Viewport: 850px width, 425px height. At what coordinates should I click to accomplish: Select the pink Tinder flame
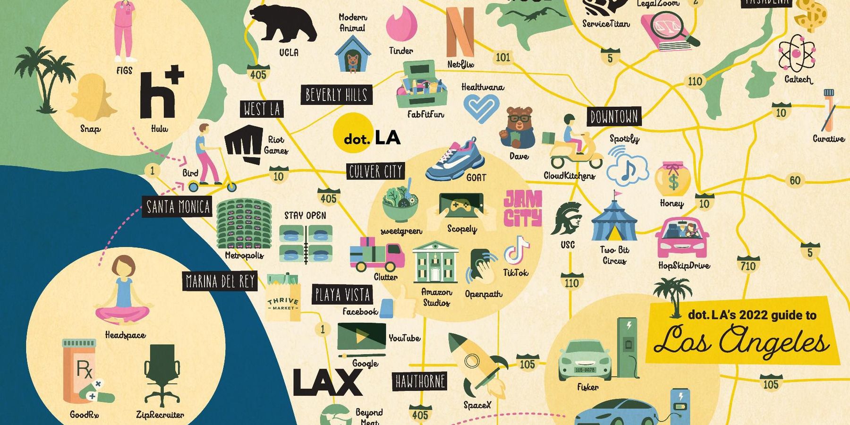point(401,24)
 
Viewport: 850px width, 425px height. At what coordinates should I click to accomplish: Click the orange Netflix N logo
point(460,32)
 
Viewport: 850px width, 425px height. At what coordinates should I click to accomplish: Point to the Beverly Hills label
point(336,95)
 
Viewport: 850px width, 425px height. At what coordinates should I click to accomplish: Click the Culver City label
point(375,171)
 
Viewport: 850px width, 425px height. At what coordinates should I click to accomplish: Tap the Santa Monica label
point(178,207)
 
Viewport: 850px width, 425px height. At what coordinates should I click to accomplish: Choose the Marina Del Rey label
point(220,281)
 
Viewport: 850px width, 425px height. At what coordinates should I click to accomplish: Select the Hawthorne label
point(420,382)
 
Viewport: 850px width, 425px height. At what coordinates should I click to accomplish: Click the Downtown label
point(614,117)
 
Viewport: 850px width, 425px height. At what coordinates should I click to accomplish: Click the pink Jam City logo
point(523,208)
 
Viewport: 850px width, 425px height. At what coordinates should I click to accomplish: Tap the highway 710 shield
point(748,265)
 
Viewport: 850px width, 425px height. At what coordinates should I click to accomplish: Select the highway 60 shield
point(795,180)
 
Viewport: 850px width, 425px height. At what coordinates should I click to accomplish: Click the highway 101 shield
point(503,57)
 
